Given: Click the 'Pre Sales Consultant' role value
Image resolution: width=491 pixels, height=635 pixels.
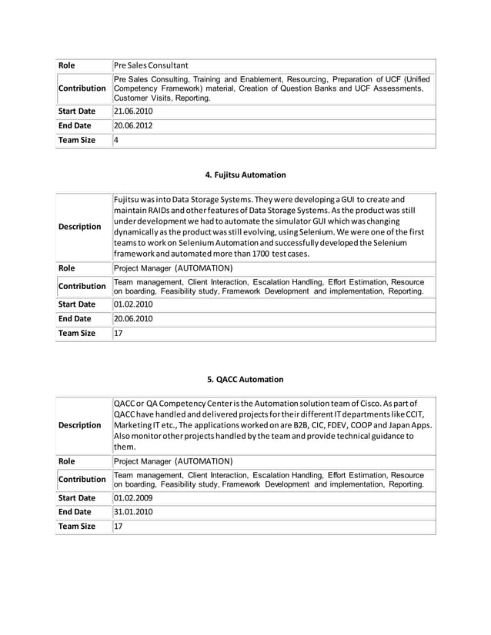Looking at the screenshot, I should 151,65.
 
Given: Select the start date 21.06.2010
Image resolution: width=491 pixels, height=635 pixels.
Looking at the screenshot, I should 133,111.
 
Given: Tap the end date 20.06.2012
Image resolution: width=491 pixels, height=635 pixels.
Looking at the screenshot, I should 133,125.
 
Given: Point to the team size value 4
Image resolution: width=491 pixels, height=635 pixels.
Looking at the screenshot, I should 116,141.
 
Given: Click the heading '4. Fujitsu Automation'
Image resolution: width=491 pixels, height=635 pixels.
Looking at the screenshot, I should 245,175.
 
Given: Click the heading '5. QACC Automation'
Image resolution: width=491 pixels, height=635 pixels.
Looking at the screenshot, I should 245,379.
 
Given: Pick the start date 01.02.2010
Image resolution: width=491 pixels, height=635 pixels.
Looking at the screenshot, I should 133,304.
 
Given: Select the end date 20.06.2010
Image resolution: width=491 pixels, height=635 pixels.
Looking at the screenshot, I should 133,318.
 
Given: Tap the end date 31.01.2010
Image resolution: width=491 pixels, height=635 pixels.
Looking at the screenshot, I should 133,511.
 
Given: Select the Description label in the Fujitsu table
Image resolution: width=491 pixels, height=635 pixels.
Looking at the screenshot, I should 80,227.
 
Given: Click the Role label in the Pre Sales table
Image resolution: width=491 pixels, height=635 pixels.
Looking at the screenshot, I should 68,65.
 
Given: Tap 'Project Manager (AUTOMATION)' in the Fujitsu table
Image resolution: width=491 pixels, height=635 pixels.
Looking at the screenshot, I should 173,268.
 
